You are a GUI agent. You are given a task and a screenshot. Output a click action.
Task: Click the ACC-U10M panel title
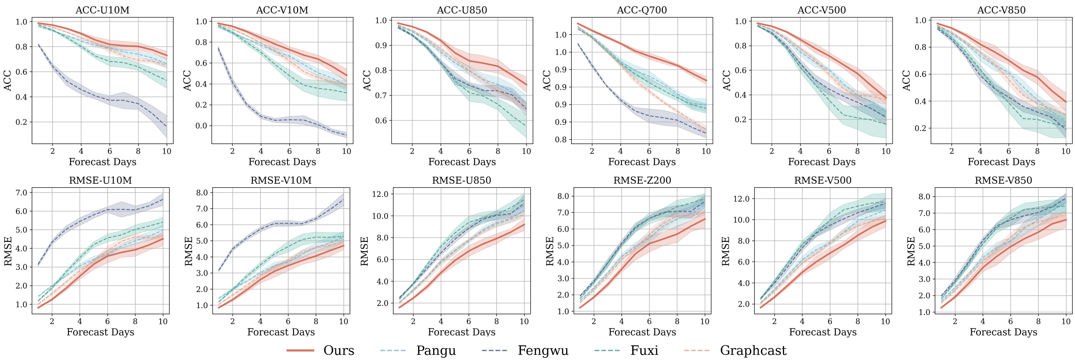[102, 10]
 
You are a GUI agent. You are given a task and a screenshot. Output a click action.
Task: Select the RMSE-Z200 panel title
[642, 180]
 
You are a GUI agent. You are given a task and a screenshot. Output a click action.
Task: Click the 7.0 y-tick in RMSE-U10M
[21, 193]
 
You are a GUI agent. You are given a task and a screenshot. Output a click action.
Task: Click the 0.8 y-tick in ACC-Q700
[561, 140]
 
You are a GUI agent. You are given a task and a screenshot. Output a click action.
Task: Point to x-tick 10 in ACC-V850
[1066, 151]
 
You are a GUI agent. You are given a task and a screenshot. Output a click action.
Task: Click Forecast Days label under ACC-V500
[821, 162]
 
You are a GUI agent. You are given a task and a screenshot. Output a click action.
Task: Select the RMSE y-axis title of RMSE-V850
[911, 251]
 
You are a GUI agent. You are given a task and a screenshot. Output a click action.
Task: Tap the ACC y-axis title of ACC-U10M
[8, 81]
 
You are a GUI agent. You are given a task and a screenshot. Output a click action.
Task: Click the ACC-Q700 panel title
[642, 10]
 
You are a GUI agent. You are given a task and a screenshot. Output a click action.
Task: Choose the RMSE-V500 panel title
[822, 180]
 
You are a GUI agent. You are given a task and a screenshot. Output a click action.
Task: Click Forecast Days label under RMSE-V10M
[281, 332]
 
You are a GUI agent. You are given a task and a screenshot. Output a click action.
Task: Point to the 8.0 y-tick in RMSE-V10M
[202, 193]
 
